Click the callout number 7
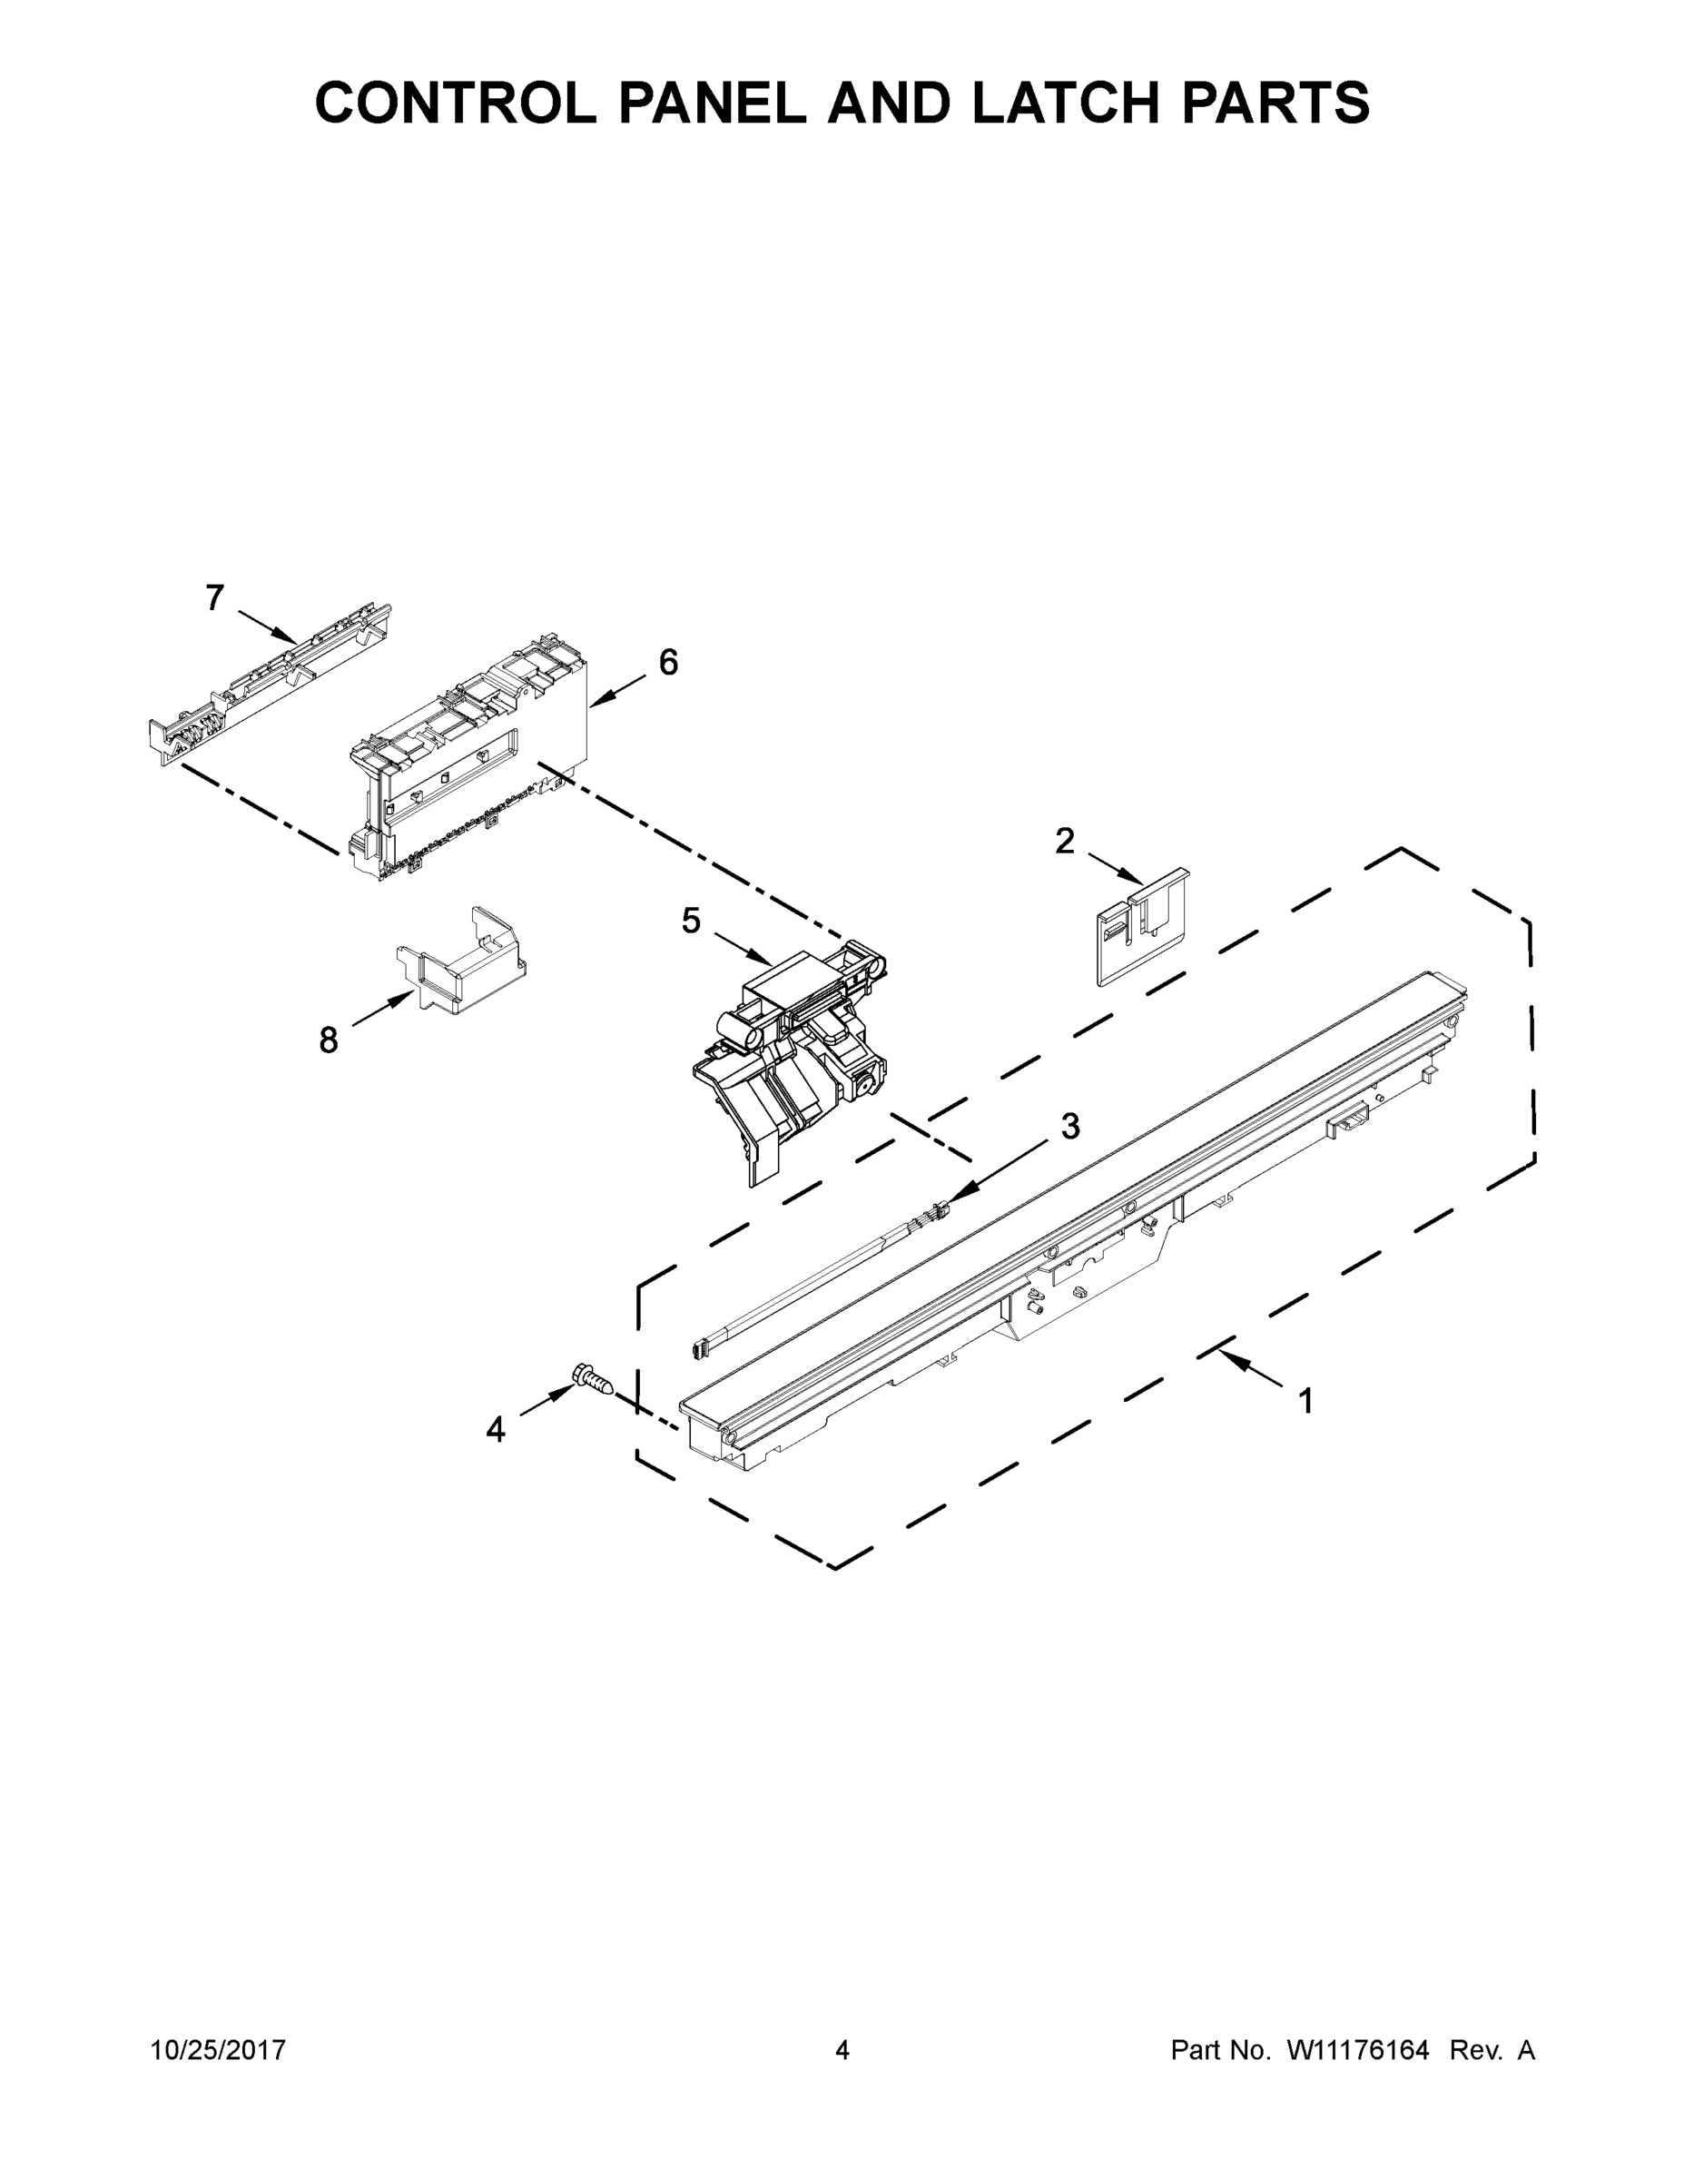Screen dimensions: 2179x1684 coord(214,598)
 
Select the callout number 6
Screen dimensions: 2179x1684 coord(667,663)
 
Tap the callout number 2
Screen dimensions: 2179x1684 coord(1065,841)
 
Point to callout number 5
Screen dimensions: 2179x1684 coord(690,921)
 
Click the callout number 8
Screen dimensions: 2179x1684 coord(329,1041)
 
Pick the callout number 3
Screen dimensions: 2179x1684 coord(1069,1127)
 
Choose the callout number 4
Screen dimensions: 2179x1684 coord(495,1431)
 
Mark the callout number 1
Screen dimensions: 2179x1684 coord(1305,1402)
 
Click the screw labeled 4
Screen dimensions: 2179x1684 coord(591,1383)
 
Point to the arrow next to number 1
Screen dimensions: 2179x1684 coord(1252,1368)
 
